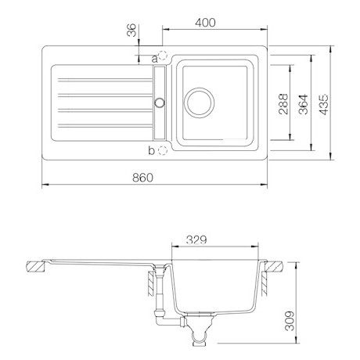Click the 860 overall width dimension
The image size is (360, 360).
142,178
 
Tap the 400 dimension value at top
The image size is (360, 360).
205,23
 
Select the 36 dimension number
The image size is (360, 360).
131,30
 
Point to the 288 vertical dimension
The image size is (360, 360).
283,103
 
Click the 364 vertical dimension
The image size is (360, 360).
304,104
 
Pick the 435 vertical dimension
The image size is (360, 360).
324,104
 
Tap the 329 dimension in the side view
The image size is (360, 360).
196,239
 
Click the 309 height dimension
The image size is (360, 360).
290,321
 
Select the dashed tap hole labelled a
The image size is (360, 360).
163,56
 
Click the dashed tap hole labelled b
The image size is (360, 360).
162,150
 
